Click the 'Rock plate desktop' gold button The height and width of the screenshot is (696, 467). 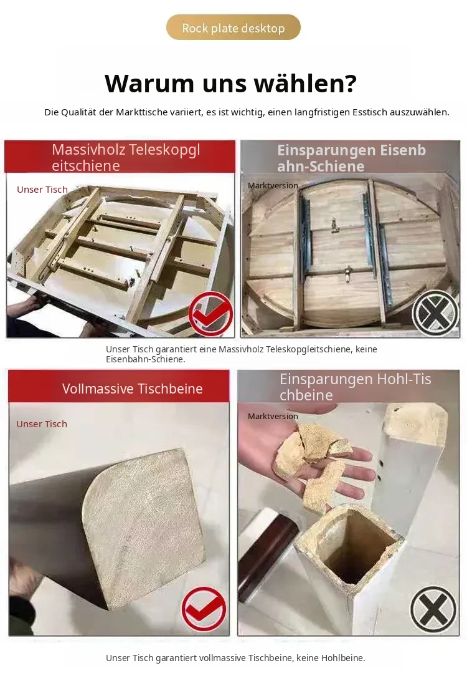tap(233, 27)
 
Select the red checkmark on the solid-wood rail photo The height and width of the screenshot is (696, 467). tap(210, 313)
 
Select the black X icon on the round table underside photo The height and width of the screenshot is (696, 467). tap(435, 313)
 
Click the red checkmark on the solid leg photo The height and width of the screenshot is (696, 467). tap(204, 609)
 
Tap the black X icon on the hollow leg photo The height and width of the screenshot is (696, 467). tap(433, 609)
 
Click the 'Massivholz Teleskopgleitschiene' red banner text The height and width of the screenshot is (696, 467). tap(126, 158)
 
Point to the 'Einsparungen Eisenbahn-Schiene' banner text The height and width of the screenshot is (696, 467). tap(351, 158)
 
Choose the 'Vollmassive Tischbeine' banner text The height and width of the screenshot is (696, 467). tap(132, 389)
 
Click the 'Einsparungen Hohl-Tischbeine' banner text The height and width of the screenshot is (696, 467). tap(355, 387)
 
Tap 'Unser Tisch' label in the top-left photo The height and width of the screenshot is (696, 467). tap(42, 190)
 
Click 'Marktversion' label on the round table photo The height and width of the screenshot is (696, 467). tap(273, 186)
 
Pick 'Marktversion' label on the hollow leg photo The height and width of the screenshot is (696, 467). tap(273, 417)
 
